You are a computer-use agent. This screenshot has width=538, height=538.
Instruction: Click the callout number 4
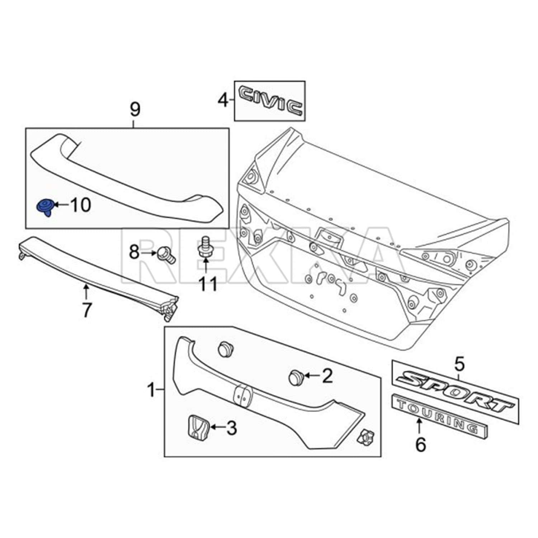(x=223, y=100)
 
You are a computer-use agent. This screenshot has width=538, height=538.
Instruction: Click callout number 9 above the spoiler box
(x=134, y=109)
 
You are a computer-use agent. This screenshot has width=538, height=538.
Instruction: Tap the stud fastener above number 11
(x=206, y=247)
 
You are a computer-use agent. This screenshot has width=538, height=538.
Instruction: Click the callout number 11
(x=208, y=284)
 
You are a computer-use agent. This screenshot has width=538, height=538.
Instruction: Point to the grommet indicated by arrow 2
(x=296, y=377)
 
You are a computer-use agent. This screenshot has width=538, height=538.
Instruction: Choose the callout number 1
(x=152, y=390)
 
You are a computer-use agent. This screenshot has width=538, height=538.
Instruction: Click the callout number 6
(x=420, y=445)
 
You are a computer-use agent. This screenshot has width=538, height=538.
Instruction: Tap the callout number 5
(x=459, y=364)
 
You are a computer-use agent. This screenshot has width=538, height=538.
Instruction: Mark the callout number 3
(x=231, y=428)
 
